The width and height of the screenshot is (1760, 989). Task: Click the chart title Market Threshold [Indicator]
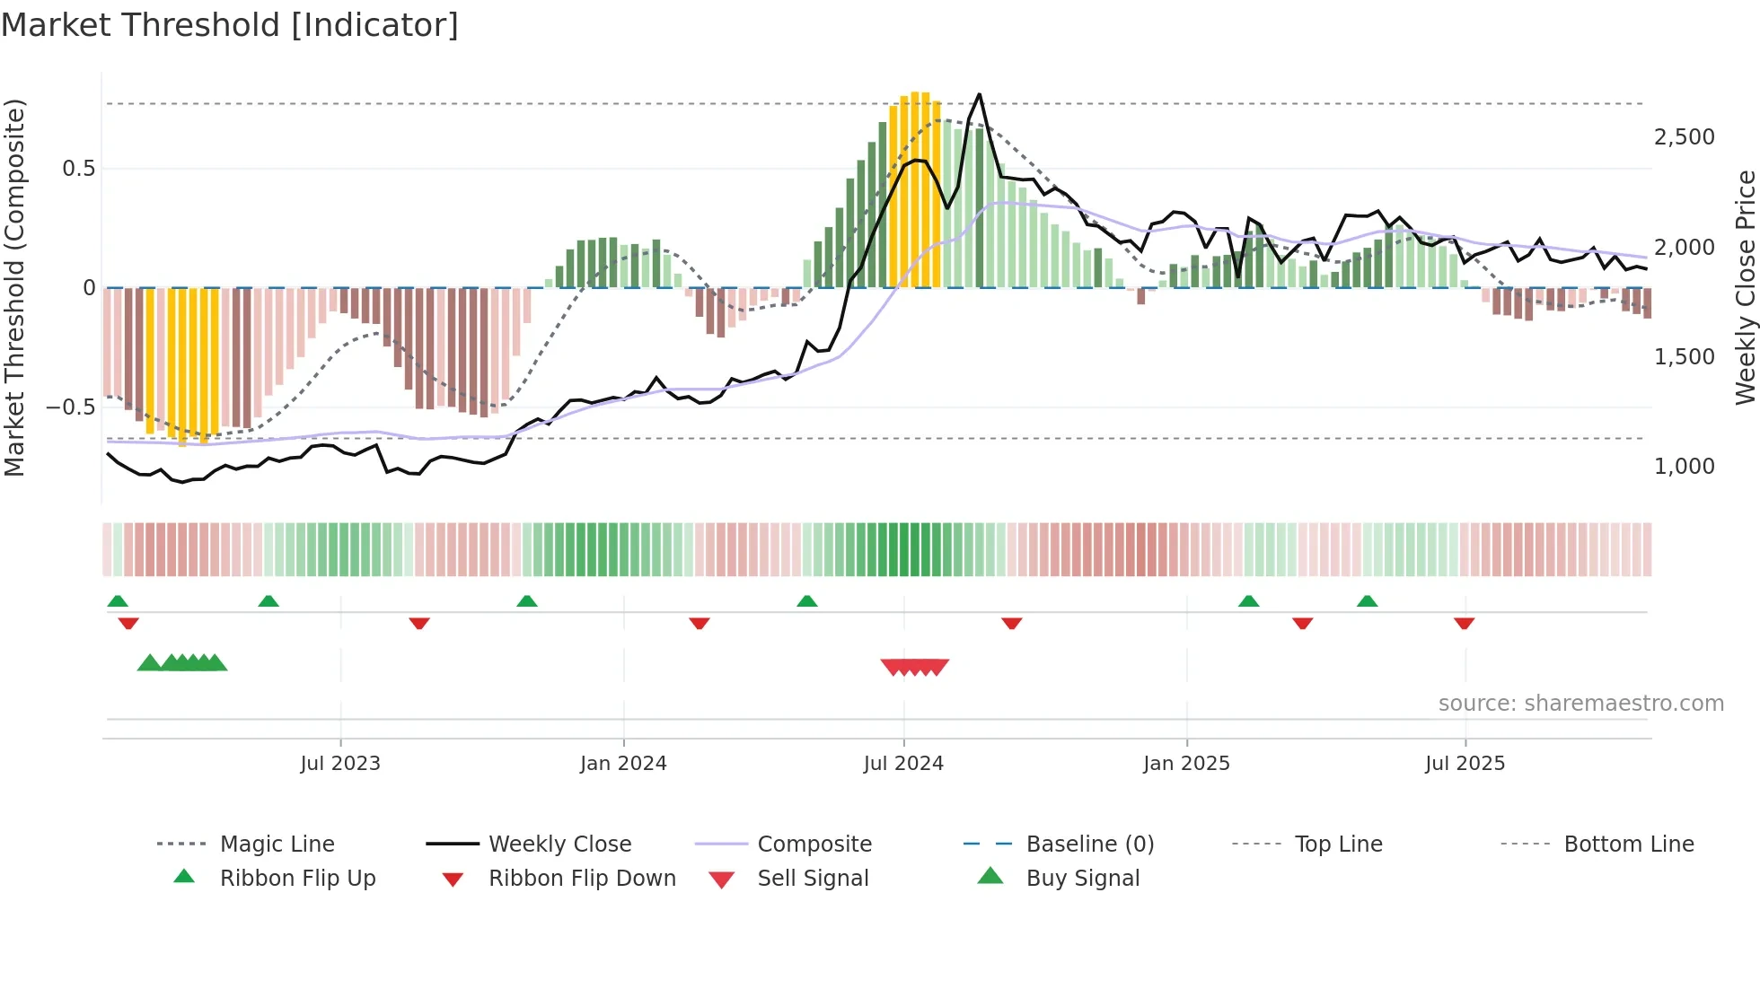230,25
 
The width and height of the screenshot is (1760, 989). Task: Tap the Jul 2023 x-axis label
340,764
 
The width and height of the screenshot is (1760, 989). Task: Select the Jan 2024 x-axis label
623,764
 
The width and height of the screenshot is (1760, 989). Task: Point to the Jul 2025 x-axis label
1465,764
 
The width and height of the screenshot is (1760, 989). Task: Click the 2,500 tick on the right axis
1684,137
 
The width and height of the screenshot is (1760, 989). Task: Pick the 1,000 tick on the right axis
1684,467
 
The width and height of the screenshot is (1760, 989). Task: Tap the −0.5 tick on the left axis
71,407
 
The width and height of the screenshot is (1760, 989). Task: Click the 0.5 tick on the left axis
78,169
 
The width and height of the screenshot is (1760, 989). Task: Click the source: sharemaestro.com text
1580,704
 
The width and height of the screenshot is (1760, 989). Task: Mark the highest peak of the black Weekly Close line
979,94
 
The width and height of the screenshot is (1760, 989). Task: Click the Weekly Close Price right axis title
1745,287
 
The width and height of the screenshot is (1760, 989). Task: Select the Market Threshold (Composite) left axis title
14,287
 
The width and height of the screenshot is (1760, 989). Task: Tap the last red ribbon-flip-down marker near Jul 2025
1464,624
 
